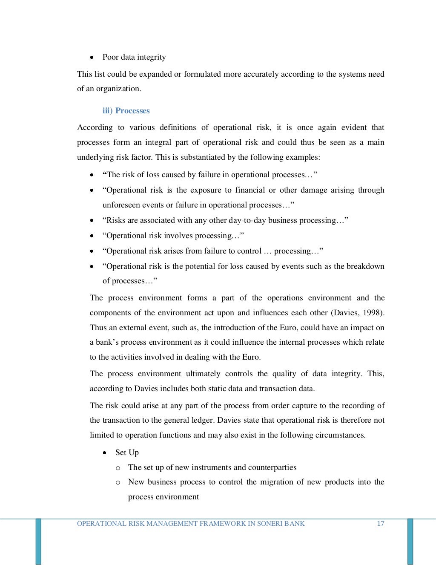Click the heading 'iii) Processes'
[126, 111]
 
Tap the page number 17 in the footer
[381, 524]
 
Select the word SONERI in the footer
[270, 524]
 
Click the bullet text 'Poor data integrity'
[134, 57]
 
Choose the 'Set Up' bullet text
[127, 453]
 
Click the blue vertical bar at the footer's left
[38, 541]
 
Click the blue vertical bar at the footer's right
[410, 541]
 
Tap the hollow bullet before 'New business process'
[118, 482]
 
